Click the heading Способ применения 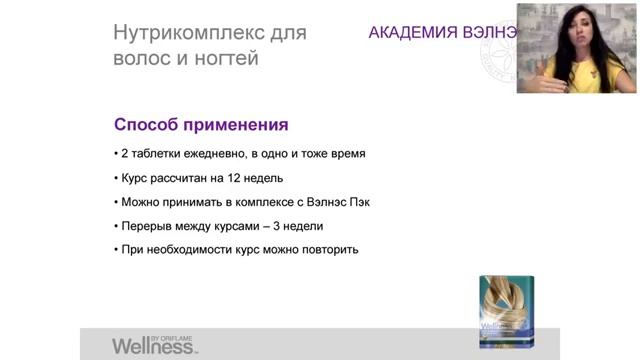pos(201,126)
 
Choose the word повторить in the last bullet pos(328,249)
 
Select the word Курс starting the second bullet pos(136,178)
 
